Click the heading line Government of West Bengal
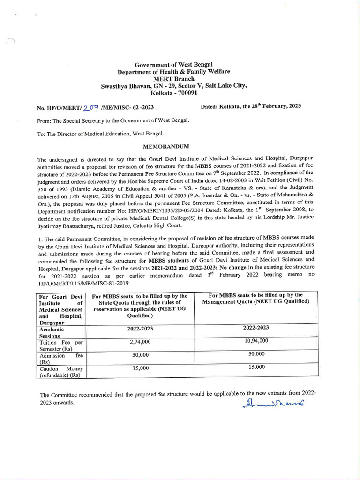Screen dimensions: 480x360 click(x=173, y=64)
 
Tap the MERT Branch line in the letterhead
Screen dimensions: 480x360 click(x=173, y=79)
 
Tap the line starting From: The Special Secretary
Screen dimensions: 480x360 click(x=113, y=120)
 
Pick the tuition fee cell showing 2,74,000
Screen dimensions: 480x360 click(x=140, y=343)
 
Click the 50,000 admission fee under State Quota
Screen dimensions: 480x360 click(x=140, y=355)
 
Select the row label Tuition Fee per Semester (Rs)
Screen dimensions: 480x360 click(x=61, y=346)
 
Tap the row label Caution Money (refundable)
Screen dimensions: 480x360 click(x=61, y=372)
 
